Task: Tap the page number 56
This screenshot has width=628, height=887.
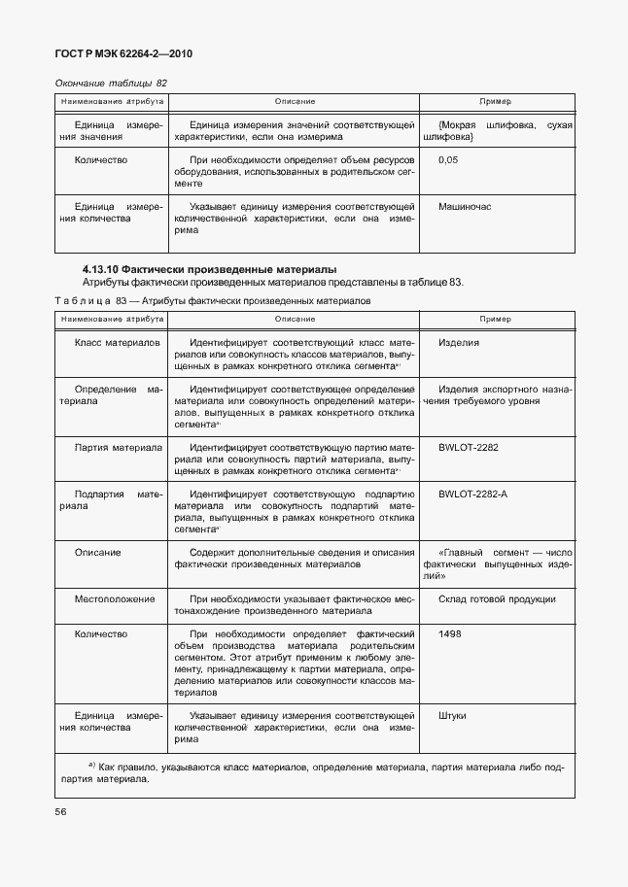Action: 60,808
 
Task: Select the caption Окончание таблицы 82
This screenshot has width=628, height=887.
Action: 111,84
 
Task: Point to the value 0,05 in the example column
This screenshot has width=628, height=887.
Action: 448,159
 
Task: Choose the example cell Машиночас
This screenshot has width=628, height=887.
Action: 466,207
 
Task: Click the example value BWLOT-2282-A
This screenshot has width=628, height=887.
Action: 472,494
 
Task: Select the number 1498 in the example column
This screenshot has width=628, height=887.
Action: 450,633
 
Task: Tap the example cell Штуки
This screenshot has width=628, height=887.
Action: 452,716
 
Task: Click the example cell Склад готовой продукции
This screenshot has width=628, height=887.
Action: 497,598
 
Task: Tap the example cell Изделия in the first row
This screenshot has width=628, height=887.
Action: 458,342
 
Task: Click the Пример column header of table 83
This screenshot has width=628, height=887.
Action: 496,319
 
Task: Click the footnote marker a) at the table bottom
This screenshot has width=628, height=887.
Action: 91,765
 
